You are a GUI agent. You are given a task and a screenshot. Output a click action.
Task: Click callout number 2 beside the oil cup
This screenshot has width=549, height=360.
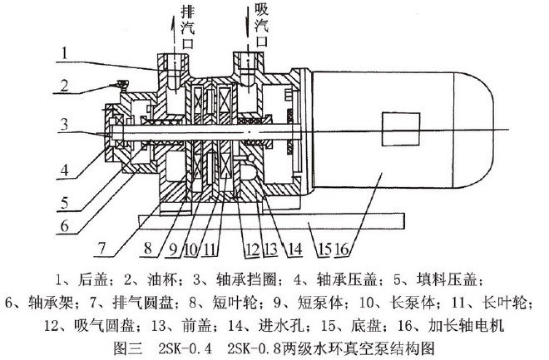click(x=62, y=84)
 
